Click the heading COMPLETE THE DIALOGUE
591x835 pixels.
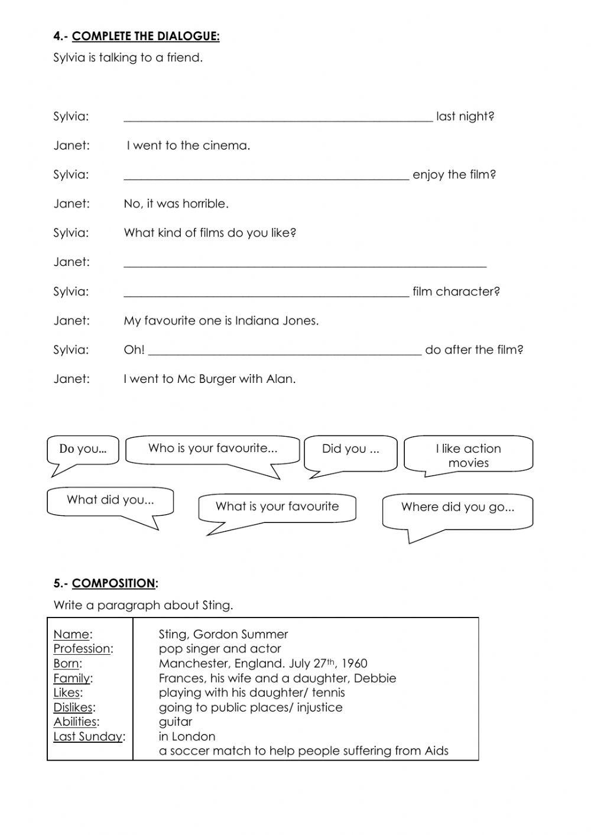pos(145,37)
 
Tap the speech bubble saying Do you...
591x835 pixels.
pos(83,449)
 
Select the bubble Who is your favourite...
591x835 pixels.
pos(212,449)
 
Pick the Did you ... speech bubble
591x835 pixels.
pos(350,449)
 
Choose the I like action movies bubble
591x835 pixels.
pos(468,456)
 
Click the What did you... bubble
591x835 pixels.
pos(110,501)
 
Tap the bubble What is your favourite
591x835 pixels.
pos(277,507)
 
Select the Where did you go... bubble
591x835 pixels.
pos(457,508)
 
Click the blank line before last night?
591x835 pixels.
pos(278,118)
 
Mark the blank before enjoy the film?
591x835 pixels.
pos(266,176)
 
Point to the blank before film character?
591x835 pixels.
pos(266,293)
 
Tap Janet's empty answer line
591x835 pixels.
pos(304,264)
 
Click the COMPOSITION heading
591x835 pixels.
pos(113,583)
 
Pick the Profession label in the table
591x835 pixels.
pos(82,649)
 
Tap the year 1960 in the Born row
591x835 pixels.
pos(354,664)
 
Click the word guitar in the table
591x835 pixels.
pos(176,722)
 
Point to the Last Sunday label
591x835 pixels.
pos(88,737)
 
